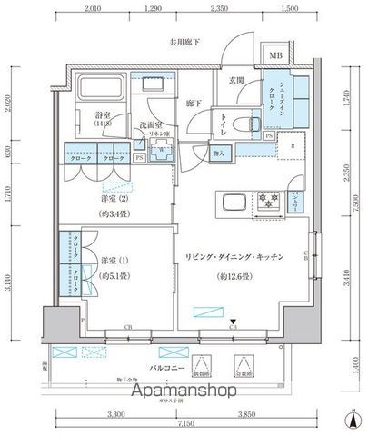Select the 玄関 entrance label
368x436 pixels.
236,81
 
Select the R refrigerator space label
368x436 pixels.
293,146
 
